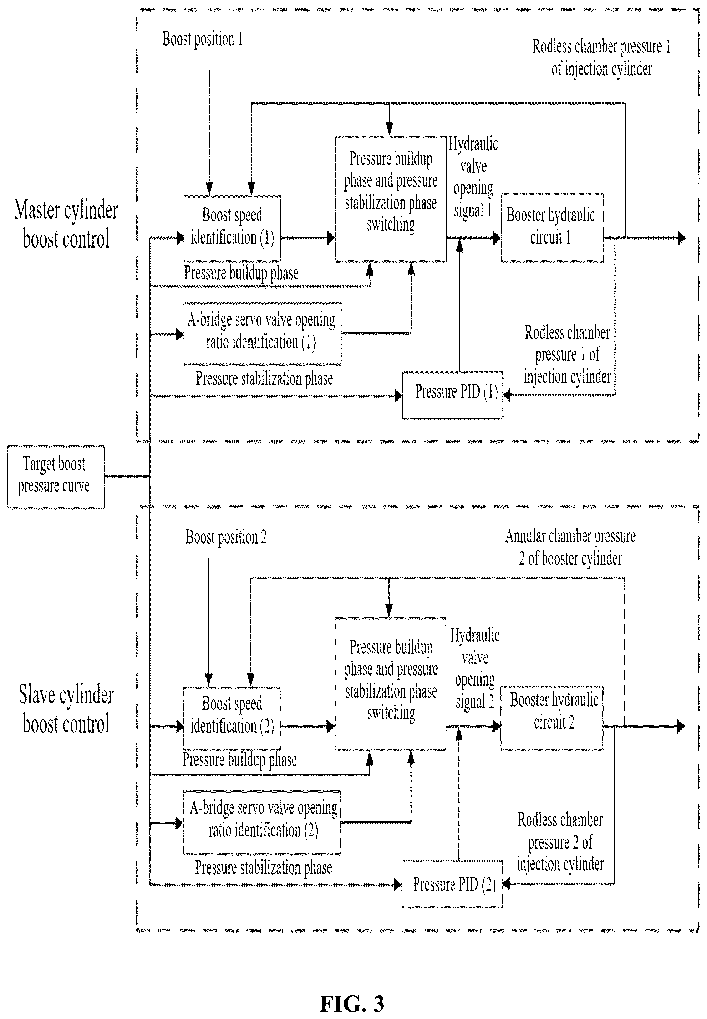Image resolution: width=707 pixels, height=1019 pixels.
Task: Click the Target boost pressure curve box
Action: point(56,477)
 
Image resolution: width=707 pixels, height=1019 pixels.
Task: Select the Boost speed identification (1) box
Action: point(232,228)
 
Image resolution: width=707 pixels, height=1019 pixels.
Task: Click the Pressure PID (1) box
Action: point(452,395)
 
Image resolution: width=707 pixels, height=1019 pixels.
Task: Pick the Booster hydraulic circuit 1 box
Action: point(552,228)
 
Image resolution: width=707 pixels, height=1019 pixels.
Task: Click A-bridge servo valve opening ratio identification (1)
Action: point(262,334)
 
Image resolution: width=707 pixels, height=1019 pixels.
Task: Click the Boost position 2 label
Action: point(226,537)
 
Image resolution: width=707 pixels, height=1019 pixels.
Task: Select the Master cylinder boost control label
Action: point(66,224)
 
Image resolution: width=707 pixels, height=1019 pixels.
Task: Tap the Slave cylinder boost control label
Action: point(66,709)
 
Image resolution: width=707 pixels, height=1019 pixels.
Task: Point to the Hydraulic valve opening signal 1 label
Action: point(473,177)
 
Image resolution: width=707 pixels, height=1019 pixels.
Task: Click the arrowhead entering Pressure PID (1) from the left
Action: point(398,396)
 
